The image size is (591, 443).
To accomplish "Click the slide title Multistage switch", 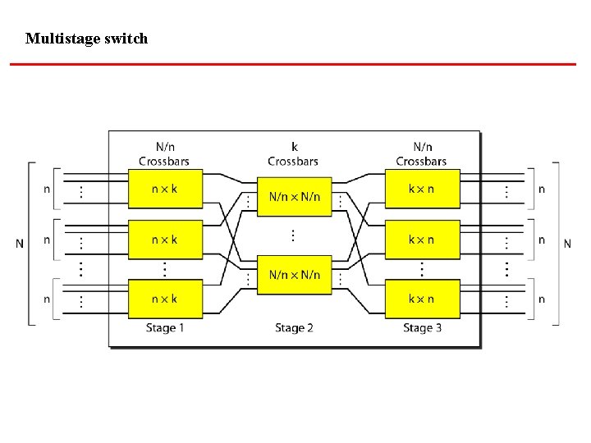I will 86,38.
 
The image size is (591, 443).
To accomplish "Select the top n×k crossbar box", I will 164,190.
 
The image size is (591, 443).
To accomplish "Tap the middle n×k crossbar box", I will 164,240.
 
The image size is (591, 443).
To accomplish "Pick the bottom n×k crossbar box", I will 164,299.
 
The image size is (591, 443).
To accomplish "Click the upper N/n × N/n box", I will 295,197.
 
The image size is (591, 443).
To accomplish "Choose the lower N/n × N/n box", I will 295,275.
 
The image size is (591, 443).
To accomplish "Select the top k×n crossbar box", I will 421,190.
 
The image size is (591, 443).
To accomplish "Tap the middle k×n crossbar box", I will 421,240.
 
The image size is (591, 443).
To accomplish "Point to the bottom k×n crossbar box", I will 421,299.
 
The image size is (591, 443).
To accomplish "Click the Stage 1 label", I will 165,328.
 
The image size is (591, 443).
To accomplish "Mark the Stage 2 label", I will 295,328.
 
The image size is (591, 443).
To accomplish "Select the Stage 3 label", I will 422,328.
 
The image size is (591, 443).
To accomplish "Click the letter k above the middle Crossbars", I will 295,147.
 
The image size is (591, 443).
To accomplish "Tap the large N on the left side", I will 20,243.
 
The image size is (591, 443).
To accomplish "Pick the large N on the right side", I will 567,243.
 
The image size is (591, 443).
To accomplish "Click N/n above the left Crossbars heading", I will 165,147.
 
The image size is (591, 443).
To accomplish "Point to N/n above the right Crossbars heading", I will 422,147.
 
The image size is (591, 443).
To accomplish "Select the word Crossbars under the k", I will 293,162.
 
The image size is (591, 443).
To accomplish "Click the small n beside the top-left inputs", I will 46,190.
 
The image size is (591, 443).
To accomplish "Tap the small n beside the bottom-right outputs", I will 542,299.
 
